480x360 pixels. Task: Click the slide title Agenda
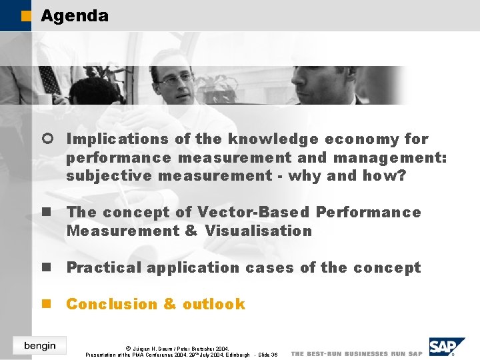click(x=74, y=15)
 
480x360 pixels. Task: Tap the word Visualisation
click(x=258, y=231)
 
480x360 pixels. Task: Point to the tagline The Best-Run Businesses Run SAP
click(x=357, y=353)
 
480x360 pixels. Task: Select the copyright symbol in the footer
click(x=128, y=348)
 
